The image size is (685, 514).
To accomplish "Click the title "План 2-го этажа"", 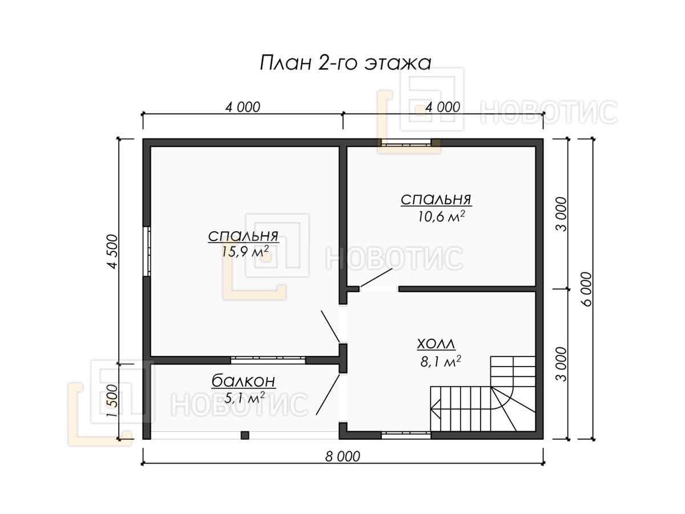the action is pyautogui.click(x=345, y=63).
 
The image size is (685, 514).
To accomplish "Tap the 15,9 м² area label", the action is pyautogui.click(x=245, y=251).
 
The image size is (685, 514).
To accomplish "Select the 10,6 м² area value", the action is pyautogui.click(x=441, y=216).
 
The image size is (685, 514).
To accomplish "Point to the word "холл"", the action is pyautogui.click(x=436, y=344).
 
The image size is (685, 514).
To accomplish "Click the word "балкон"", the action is pyautogui.click(x=243, y=381).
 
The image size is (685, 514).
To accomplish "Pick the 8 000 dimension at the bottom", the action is pyautogui.click(x=342, y=456).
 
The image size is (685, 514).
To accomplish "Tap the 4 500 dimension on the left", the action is pyautogui.click(x=112, y=251).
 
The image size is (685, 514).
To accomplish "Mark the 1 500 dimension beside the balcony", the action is pyautogui.click(x=112, y=401).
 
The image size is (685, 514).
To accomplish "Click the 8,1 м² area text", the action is pyautogui.click(x=441, y=362).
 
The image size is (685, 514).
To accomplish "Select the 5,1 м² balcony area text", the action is pyautogui.click(x=244, y=397).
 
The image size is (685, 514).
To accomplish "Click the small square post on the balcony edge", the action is pyautogui.click(x=245, y=435).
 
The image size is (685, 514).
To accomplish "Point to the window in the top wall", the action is pyautogui.click(x=406, y=143).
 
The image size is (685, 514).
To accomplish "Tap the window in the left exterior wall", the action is pyautogui.click(x=147, y=251).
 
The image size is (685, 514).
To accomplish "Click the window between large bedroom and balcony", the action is pyautogui.click(x=268, y=360).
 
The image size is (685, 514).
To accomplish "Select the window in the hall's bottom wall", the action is pyautogui.click(x=406, y=435).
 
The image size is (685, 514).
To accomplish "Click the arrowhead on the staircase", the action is pyautogui.click(x=436, y=408).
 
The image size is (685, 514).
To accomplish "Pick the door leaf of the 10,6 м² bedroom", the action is pyautogui.click(x=376, y=278).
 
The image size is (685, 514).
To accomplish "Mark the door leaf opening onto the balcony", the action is pyautogui.click(x=328, y=395).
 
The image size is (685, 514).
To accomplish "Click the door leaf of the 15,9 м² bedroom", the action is pyautogui.click(x=331, y=326).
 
